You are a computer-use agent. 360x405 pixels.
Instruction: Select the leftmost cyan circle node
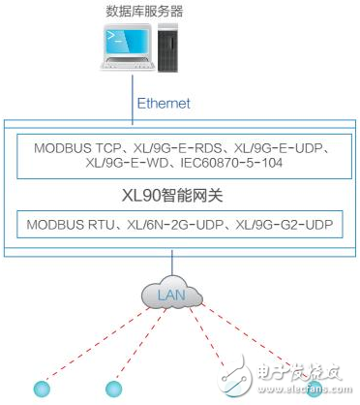click(40, 389)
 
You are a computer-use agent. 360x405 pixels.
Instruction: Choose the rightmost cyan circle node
click(315, 389)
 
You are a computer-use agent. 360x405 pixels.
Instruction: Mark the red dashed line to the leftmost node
click(97, 344)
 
